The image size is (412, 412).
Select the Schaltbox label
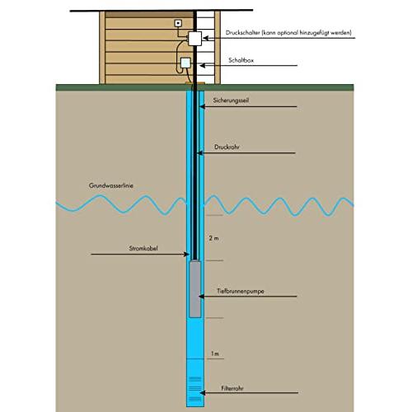tap(241, 60)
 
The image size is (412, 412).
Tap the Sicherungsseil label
tap(231, 101)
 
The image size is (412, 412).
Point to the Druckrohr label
tap(227, 147)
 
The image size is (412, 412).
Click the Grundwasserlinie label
tap(111, 185)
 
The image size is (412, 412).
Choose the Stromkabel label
tap(143, 248)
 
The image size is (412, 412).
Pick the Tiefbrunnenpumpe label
tap(241, 291)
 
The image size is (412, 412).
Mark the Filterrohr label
tap(232, 388)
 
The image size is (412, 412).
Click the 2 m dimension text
tap(213, 238)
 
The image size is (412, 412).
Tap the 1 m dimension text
tap(215, 353)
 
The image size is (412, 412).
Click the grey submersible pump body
tap(195, 289)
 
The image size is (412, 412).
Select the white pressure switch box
tap(195, 39)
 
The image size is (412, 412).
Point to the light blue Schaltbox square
tap(185, 63)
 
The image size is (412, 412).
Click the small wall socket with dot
tap(178, 23)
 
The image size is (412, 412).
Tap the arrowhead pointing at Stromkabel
tap(187, 254)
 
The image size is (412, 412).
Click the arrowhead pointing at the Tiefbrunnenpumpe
tap(201, 297)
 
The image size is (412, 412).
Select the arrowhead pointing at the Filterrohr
tap(203, 393)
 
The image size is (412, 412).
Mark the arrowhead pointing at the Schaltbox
tap(203, 66)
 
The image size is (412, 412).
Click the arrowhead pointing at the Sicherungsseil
tap(202, 106)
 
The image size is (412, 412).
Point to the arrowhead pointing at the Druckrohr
tap(199, 153)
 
